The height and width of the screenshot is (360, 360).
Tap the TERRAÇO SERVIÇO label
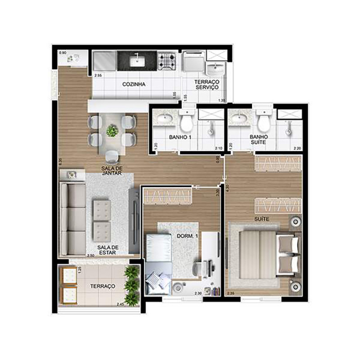pyautogui.click(x=206, y=84)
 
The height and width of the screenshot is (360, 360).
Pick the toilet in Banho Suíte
pyautogui.click(x=263, y=120)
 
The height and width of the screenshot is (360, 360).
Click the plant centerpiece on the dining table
pyautogui.click(x=112, y=131)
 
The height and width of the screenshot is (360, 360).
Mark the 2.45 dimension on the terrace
pyautogui.click(x=120, y=305)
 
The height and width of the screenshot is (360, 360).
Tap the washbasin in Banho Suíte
pyautogui.click(x=238, y=119)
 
